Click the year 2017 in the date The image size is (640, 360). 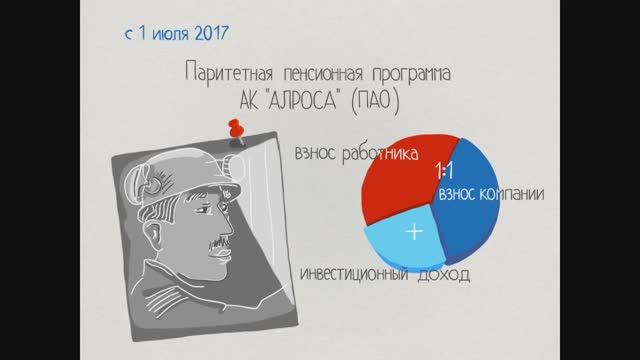pyautogui.click(x=205, y=32)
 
